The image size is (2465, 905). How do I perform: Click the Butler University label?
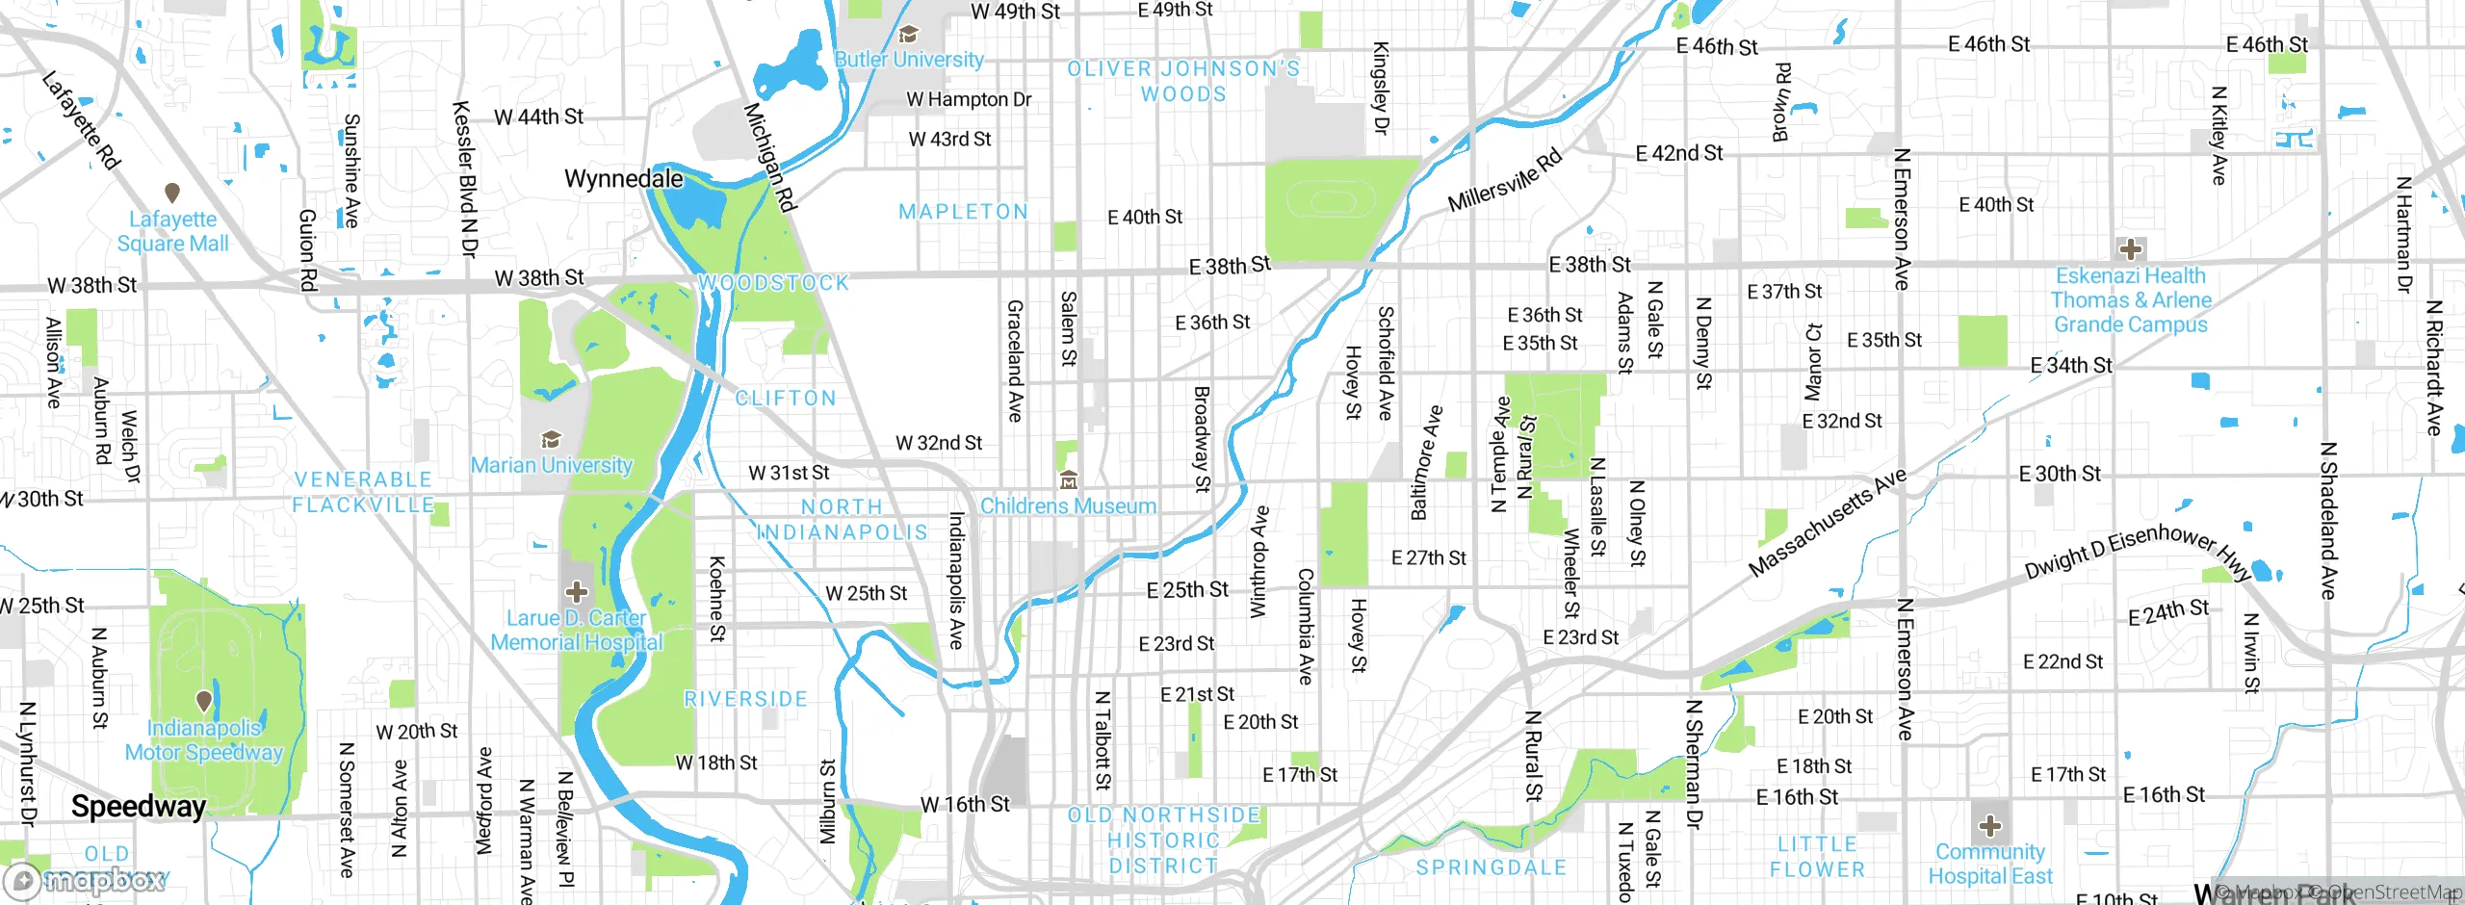(x=909, y=60)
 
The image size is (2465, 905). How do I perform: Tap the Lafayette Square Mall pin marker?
(x=172, y=194)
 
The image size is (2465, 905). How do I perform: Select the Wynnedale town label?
(x=623, y=179)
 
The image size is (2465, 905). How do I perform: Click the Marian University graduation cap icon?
(x=551, y=440)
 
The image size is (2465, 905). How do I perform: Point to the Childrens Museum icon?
(x=1068, y=479)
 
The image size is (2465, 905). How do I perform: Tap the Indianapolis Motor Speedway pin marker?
(x=204, y=701)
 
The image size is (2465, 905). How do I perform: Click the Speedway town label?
(x=139, y=807)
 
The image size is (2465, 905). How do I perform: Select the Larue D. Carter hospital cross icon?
(x=577, y=591)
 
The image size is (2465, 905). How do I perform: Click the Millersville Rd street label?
(x=1505, y=181)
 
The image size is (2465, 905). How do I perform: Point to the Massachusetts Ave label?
(x=1827, y=523)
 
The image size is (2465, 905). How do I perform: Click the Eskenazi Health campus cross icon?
(x=2130, y=249)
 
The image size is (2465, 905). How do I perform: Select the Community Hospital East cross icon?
(x=1990, y=826)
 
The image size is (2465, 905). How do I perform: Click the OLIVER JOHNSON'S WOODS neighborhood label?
(x=1183, y=81)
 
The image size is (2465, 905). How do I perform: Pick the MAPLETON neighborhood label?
(x=963, y=212)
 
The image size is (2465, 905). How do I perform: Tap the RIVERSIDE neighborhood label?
(x=745, y=699)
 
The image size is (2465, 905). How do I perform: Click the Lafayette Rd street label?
(x=82, y=121)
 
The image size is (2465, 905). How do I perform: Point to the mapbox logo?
(x=87, y=880)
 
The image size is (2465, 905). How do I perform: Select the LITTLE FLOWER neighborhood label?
(x=1817, y=857)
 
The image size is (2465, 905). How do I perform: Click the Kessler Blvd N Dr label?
(x=465, y=179)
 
